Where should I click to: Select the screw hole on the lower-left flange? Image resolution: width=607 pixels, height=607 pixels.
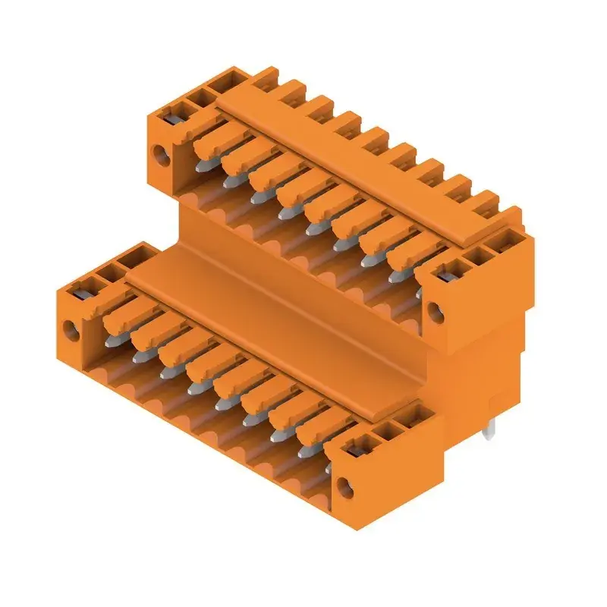(x=70, y=330)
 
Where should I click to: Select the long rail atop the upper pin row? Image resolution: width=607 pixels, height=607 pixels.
(x=364, y=175)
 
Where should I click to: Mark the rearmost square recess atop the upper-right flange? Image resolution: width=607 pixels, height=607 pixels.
(x=501, y=241)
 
